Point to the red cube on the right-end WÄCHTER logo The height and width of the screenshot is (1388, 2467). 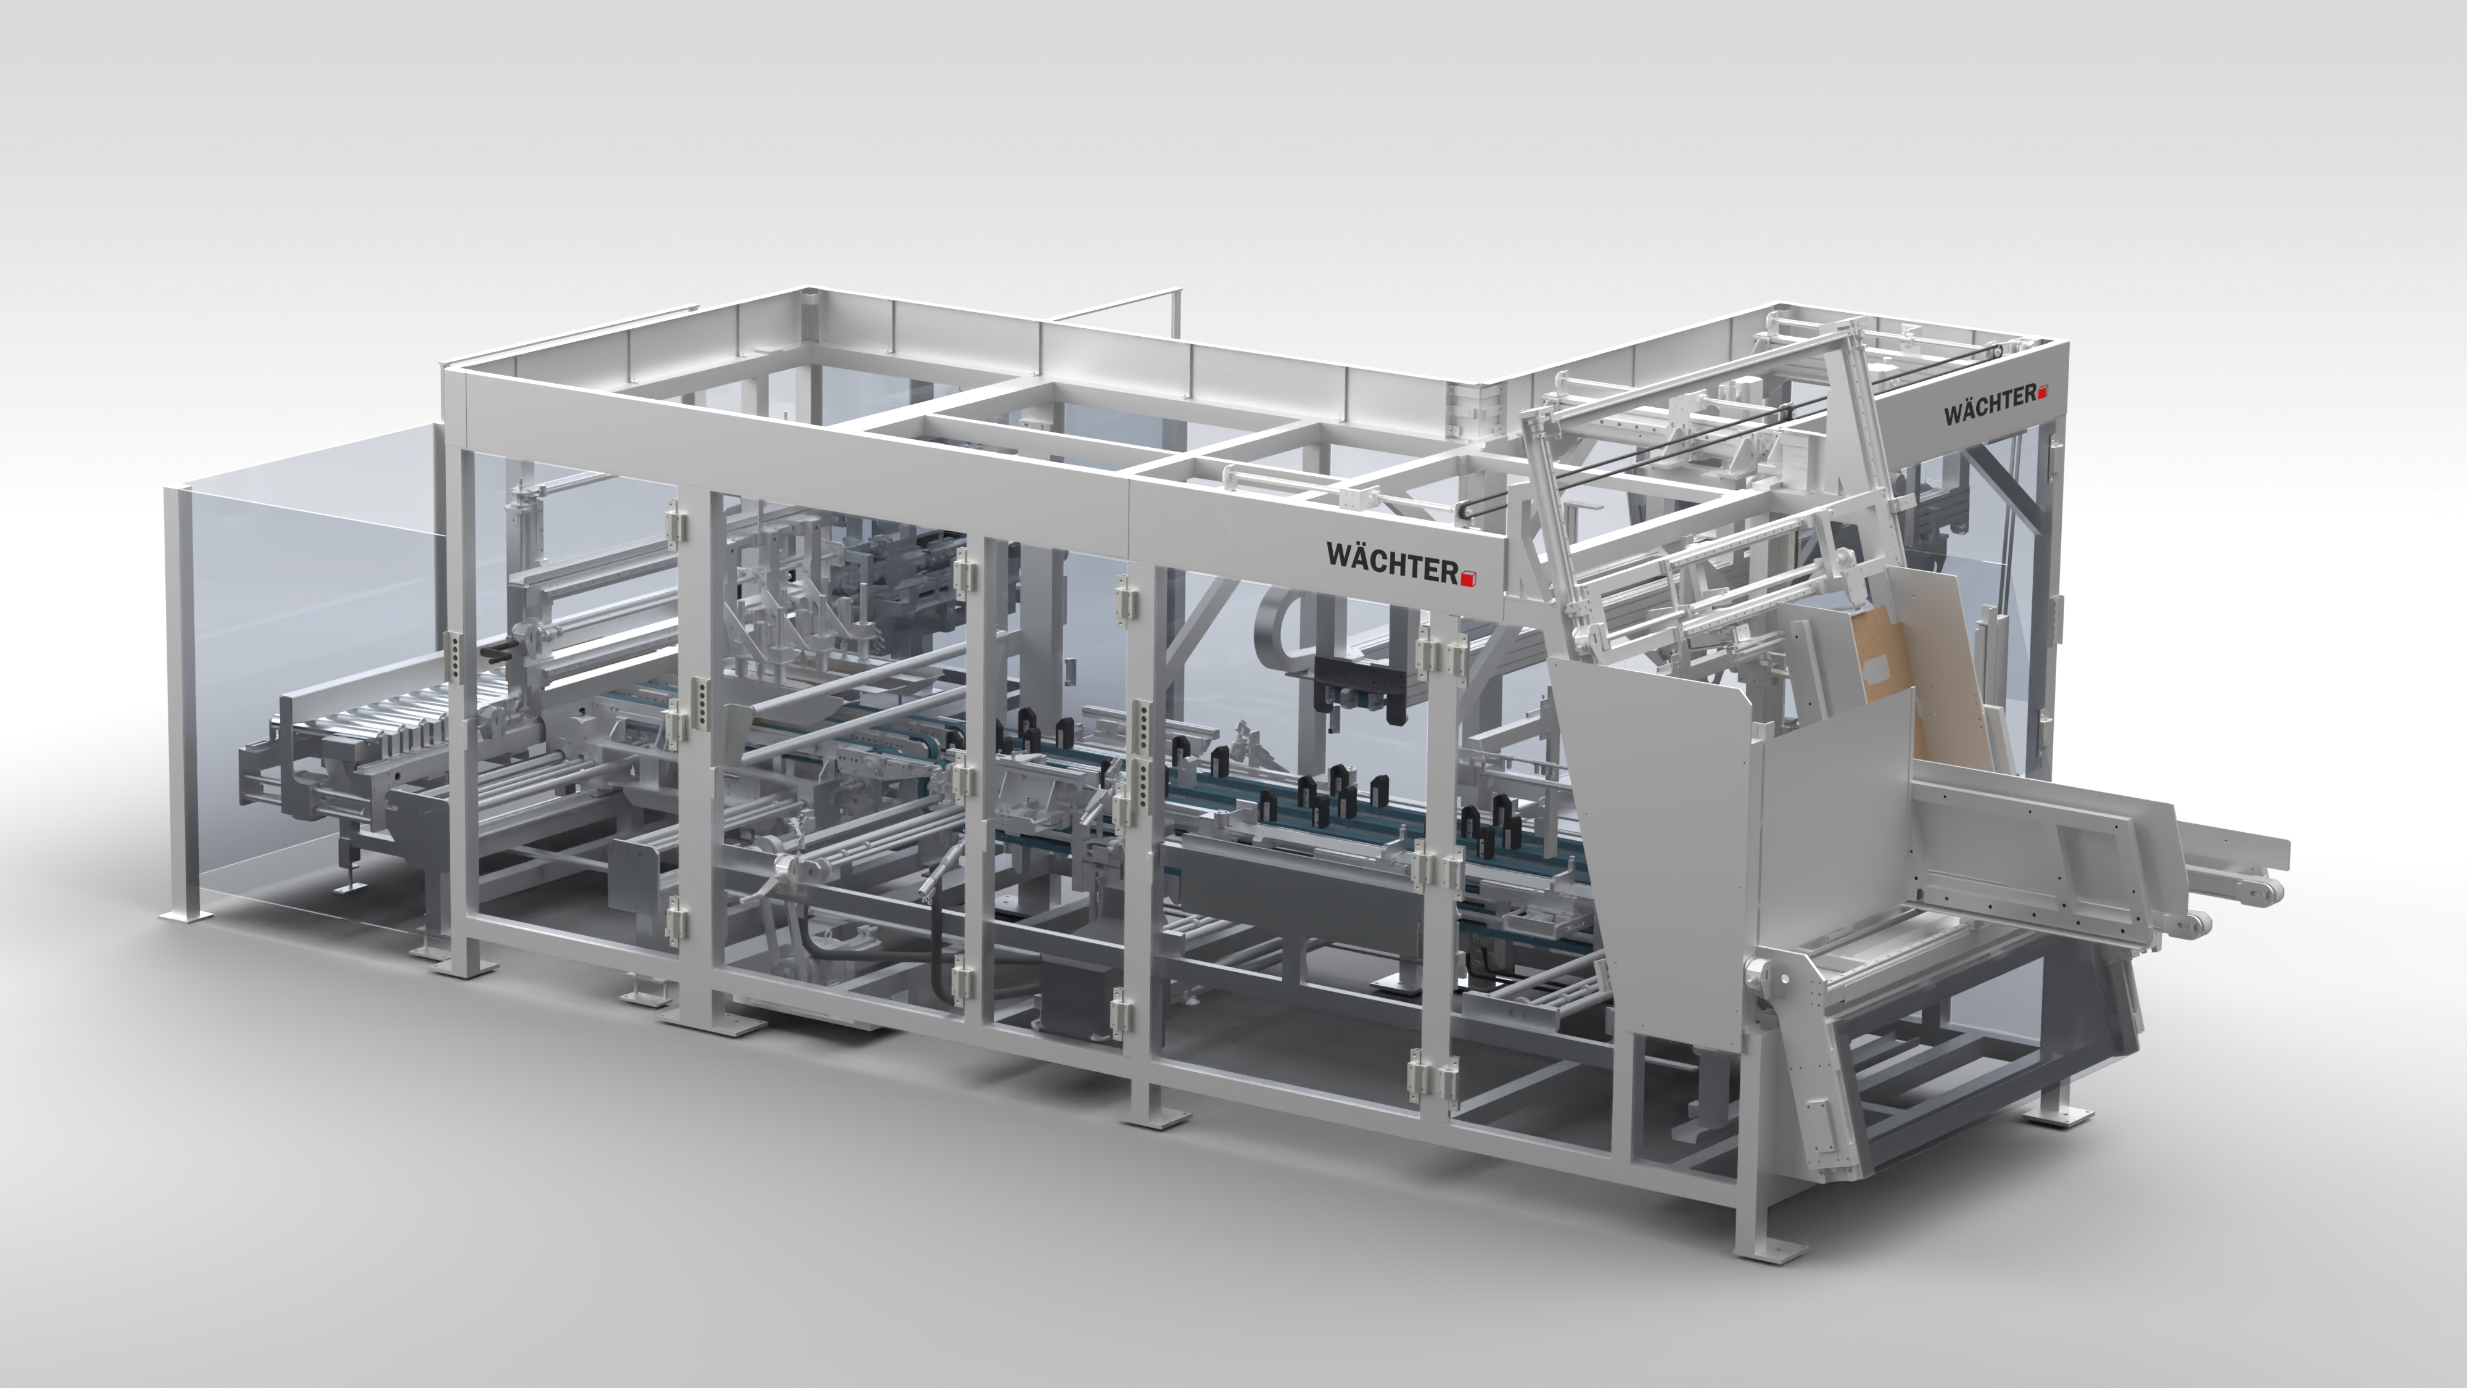click(x=2043, y=392)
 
